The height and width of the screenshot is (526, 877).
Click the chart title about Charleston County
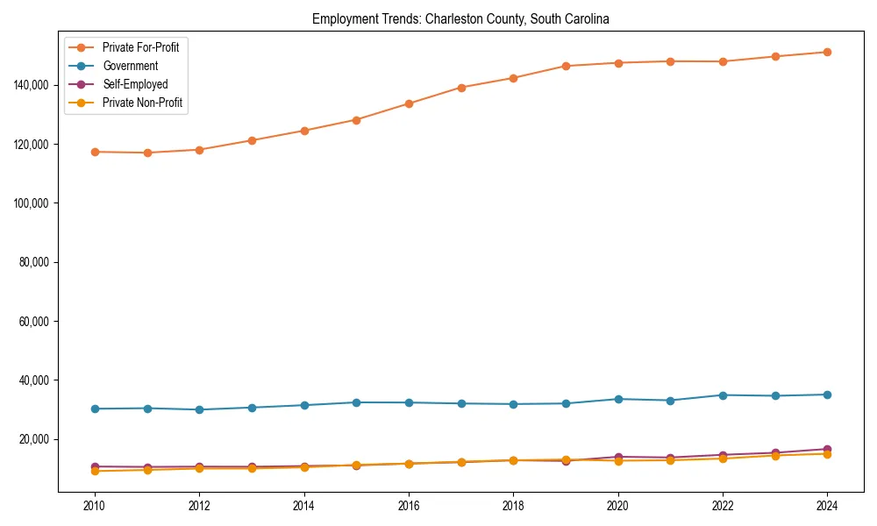(x=460, y=18)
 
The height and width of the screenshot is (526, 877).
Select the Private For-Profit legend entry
(x=140, y=47)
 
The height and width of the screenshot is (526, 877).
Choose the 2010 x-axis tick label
(x=95, y=506)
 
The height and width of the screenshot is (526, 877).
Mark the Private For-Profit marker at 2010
(x=95, y=152)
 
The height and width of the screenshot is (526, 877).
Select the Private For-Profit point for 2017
(x=461, y=88)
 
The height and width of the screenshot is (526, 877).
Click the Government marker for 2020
(x=618, y=399)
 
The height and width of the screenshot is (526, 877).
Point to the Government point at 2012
(x=199, y=409)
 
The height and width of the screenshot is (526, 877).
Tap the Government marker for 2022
(x=723, y=395)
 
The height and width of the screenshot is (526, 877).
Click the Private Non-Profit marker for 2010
(x=95, y=472)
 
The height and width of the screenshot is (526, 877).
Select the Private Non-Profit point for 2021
(x=671, y=460)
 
